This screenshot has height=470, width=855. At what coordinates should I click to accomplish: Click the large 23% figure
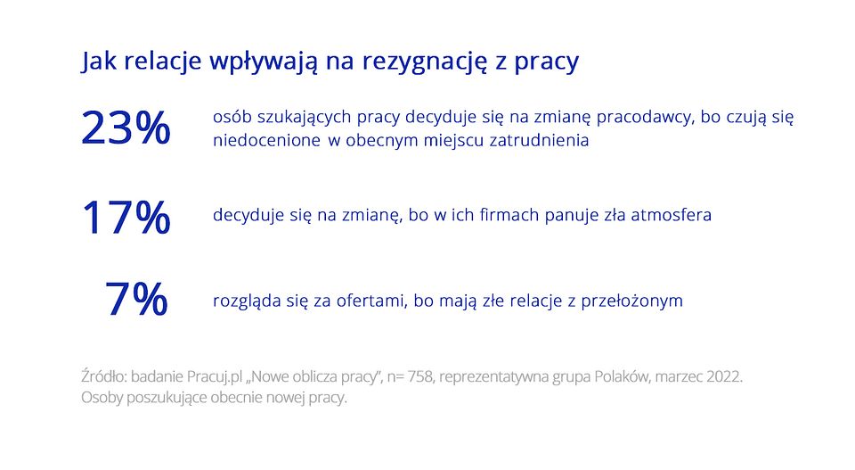[x=126, y=129]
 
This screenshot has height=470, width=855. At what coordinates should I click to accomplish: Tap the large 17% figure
[x=126, y=218]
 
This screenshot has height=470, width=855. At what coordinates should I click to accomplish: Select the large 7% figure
[x=136, y=300]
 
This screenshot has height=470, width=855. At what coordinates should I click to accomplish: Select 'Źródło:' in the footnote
[x=103, y=377]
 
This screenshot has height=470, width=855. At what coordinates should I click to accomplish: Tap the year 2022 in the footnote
[x=722, y=377]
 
